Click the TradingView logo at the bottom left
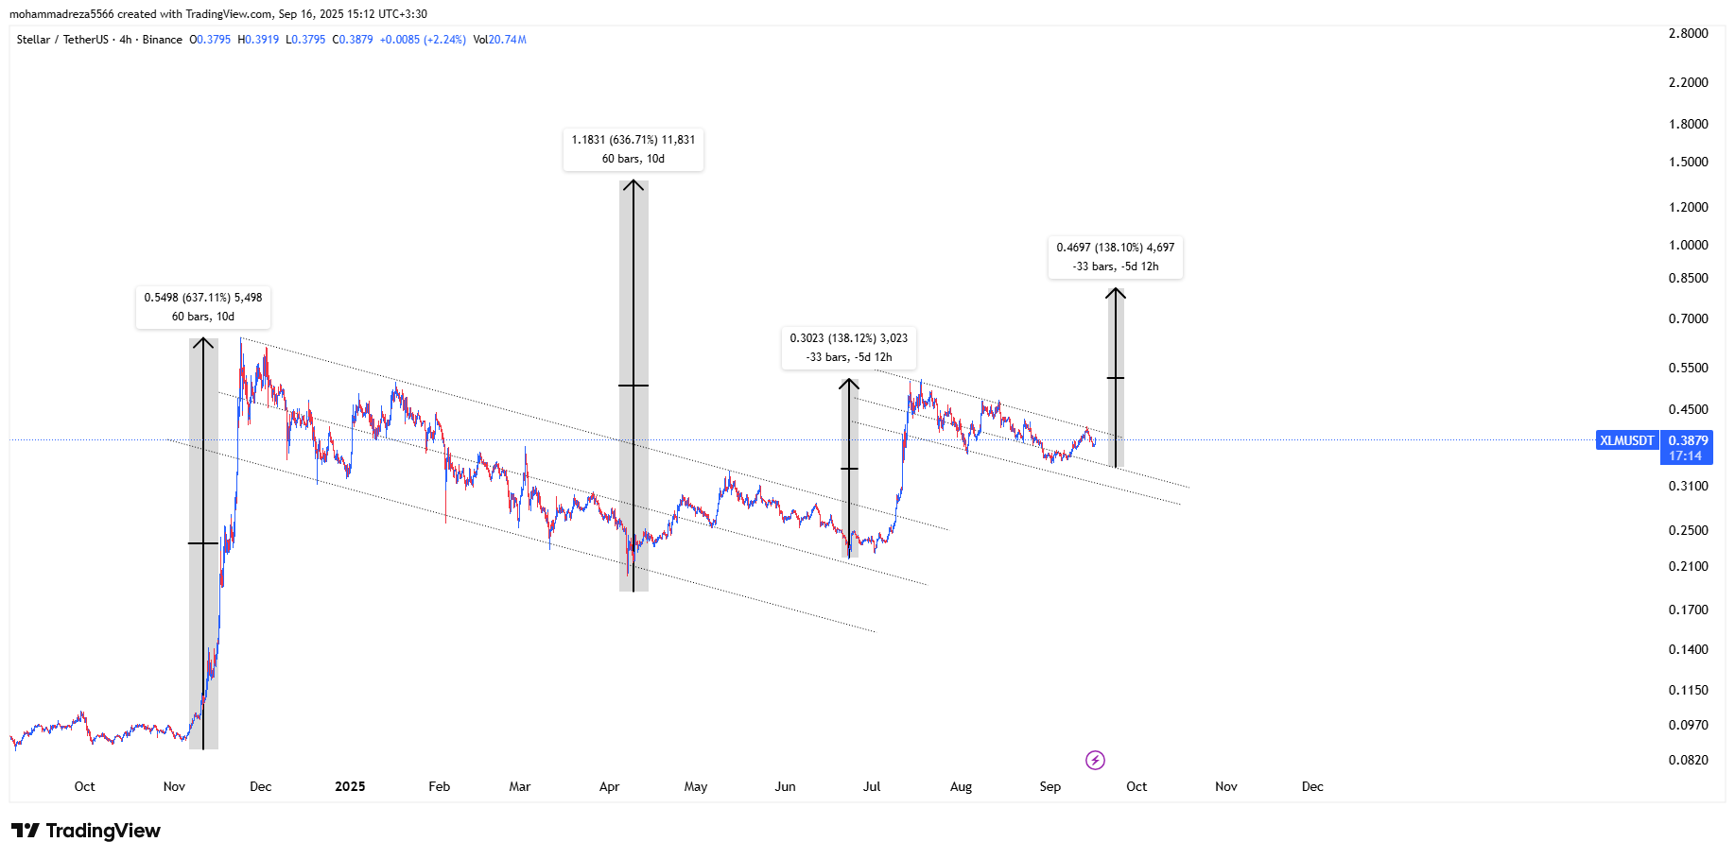point(86,831)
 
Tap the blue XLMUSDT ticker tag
point(1626,440)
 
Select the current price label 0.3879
point(1688,440)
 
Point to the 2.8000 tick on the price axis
point(1688,33)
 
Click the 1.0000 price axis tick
point(1688,245)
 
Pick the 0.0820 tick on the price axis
point(1688,760)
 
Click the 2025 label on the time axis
point(350,786)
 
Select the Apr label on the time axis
point(609,786)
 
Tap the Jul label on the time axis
point(872,786)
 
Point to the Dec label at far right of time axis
point(1312,786)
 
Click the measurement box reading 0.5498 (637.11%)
point(203,307)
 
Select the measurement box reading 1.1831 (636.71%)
point(633,149)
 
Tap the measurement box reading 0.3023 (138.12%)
point(849,348)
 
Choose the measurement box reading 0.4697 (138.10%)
point(1116,257)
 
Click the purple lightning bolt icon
point(1095,760)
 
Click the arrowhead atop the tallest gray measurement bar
point(633,185)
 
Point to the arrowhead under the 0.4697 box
point(1116,293)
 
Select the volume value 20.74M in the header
point(508,40)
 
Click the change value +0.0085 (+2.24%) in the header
point(423,40)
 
